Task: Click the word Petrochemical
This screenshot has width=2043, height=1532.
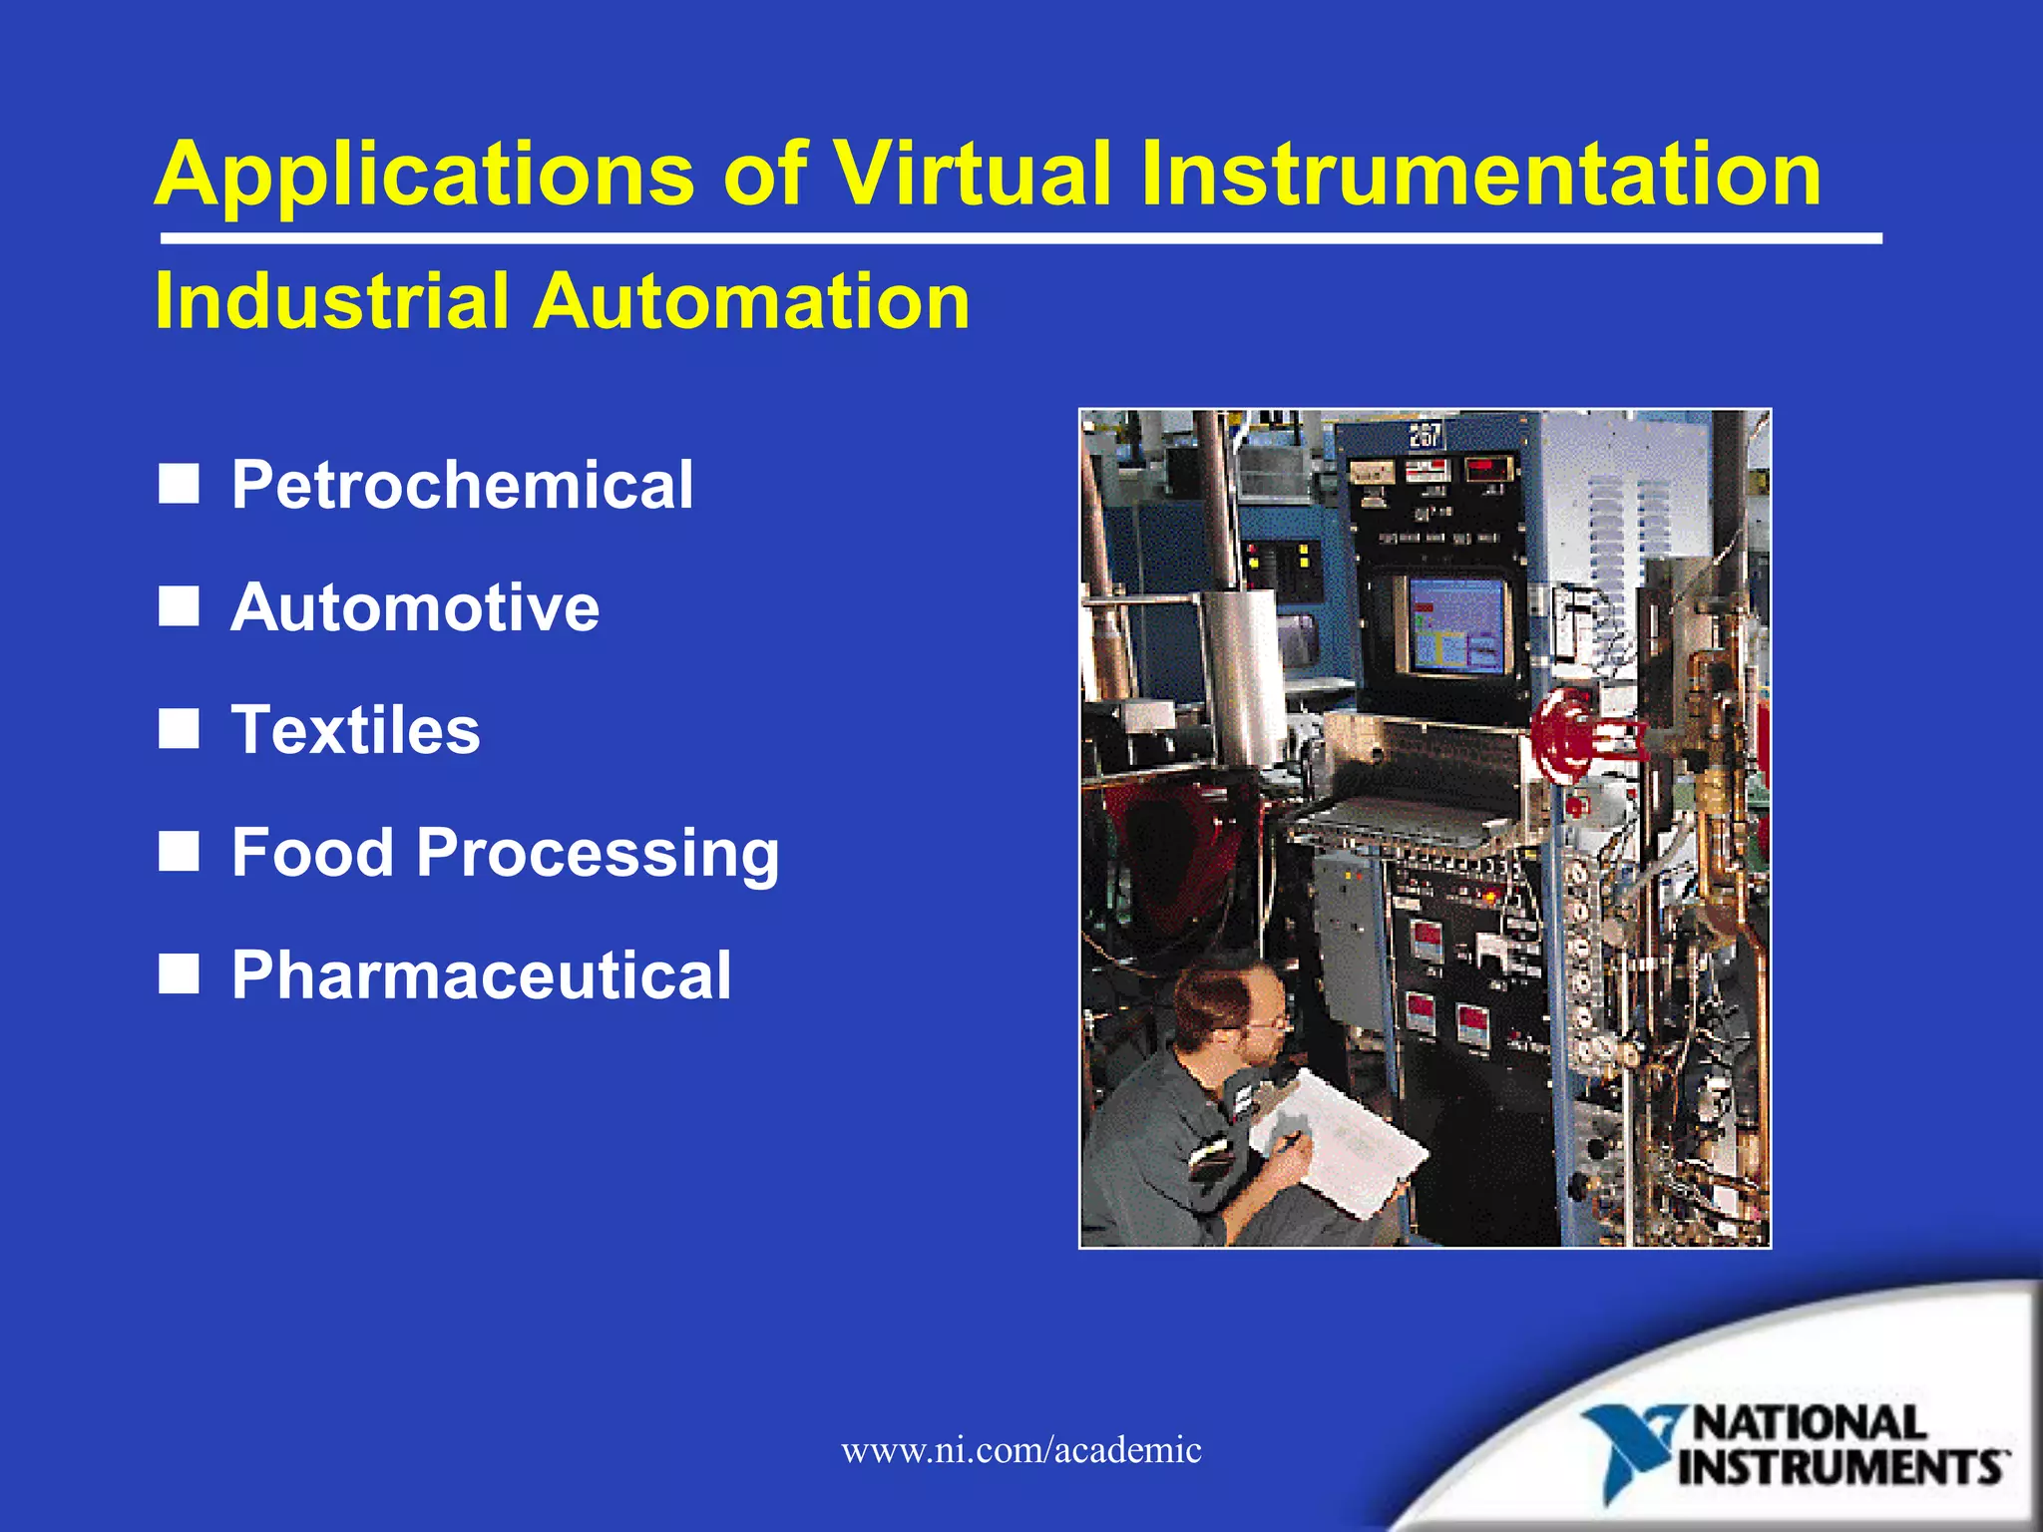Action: tap(462, 485)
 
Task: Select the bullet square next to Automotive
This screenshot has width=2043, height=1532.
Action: tap(179, 606)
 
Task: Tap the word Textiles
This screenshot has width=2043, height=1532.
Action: tap(355, 730)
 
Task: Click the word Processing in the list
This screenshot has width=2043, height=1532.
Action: tap(597, 854)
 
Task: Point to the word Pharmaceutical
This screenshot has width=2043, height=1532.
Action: tap(481, 975)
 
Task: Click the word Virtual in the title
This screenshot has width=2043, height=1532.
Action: tap(972, 174)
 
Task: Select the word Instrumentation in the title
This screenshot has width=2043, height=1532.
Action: tap(1481, 174)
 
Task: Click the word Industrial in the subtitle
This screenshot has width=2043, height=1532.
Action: tap(331, 301)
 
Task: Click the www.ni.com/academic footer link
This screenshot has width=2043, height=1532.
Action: tap(1021, 1449)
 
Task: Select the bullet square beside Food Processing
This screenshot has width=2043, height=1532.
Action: tap(179, 852)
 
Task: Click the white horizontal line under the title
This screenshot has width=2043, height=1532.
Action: tap(1021, 239)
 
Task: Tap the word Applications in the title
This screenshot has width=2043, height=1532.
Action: tap(424, 174)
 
